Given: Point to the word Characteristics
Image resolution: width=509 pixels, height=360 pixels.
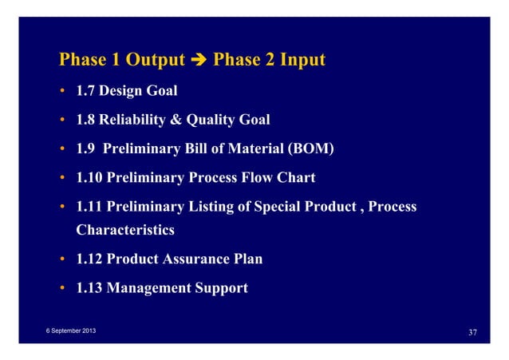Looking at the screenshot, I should click(x=125, y=230).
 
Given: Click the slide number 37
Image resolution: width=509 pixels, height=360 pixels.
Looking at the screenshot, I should click(x=470, y=332).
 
